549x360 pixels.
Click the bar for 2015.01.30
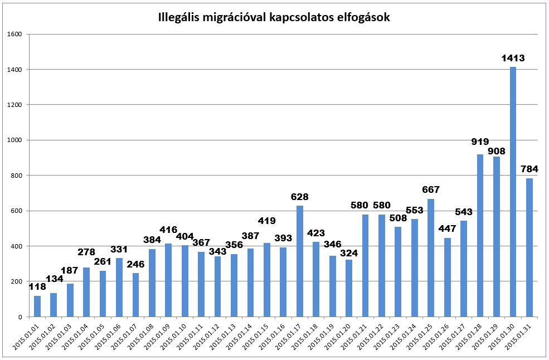[x=513, y=192]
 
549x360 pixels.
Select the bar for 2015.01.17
[x=300, y=261]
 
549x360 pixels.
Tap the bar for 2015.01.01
[x=37, y=306]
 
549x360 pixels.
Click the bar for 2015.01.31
[x=529, y=247]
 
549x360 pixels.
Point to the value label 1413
[x=513, y=58]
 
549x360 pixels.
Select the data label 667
[x=431, y=189]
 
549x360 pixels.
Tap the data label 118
[x=37, y=286]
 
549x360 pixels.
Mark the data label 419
[x=267, y=221]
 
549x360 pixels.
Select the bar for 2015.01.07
[x=136, y=295]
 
